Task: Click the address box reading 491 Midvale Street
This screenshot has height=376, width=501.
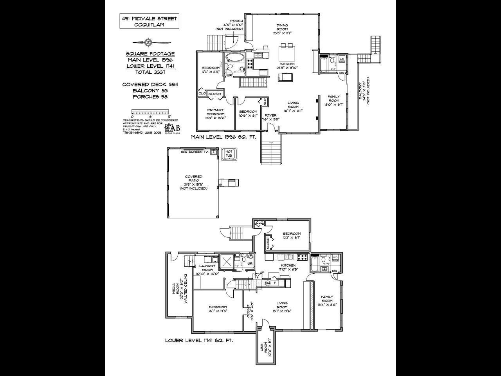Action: click(x=149, y=22)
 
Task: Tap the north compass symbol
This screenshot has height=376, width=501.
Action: click(x=148, y=42)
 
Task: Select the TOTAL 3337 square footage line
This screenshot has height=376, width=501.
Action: click(x=150, y=72)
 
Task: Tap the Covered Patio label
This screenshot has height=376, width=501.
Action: click(x=193, y=183)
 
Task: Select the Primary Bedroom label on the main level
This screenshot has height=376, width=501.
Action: click(x=215, y=114)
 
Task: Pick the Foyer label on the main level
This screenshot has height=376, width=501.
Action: click(x=270, y=117)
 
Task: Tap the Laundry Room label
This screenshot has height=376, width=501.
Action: click(x=207, y=269)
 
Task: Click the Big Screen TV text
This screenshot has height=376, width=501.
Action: click(x=195, y=152)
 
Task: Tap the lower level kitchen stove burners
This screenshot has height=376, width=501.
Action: click(x=303, y=257)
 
